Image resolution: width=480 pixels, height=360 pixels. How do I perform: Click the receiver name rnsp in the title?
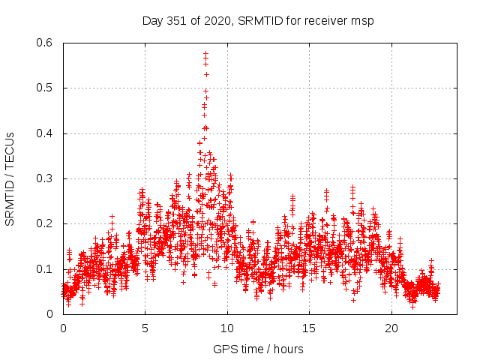click(x=361, y=20)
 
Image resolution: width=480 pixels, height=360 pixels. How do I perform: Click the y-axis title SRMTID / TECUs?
click(x=10, y=178)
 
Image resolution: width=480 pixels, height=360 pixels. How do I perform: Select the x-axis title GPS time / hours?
click(x=258, y=349)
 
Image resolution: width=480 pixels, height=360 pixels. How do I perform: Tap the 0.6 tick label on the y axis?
click(x=44, y=43)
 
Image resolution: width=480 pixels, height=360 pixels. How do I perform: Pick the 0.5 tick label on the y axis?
click(x=44, y=88)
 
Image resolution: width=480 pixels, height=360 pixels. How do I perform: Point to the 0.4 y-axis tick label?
click(x=44, y=133)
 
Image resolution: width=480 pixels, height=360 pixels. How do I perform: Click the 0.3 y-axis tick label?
click(x=44, y=178)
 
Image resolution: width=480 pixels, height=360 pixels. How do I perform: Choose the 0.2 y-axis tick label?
click(x=44, y=223)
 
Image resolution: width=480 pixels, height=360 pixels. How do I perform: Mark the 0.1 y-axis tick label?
click(x=44, y=269)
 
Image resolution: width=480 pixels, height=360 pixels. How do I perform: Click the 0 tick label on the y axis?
click(x=50, y=314)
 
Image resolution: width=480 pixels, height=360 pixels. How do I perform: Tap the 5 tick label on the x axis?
click(x=145, y=328)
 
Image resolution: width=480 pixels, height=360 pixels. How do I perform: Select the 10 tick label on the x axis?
click(x=227, y=328)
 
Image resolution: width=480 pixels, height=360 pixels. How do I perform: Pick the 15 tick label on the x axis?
click(x=310, y=328)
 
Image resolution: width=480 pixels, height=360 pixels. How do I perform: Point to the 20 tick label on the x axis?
click(x=391, y=328)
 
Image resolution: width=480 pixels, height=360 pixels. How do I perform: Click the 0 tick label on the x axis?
click(x=63, y=328)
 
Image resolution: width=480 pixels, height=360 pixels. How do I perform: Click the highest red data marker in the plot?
click(x=205, y=53)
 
